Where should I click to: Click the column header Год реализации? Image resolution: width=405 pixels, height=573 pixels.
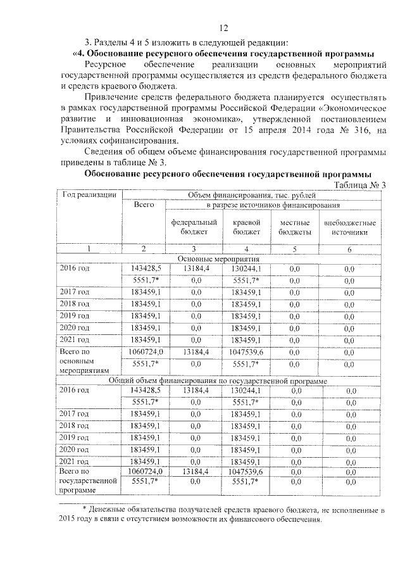click(87, 194)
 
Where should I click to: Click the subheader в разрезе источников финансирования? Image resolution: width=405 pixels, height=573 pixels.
click(273, 205)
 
